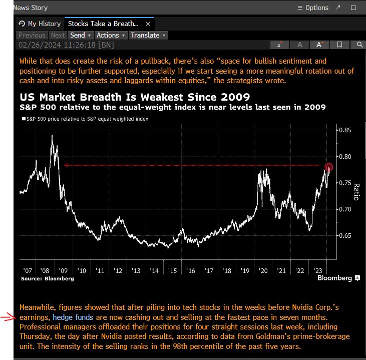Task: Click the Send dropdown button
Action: point(80,35)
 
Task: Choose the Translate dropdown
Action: point(148,35)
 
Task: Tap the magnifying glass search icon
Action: point(359,45)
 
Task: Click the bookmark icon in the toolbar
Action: point(339,45)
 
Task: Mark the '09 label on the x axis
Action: point(64,270)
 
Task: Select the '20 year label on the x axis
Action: point(263,270)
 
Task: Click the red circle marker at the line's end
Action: point(328,167)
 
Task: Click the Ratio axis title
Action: point(356,191)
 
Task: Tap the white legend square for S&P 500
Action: point(23,119)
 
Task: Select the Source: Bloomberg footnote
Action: point(47,278)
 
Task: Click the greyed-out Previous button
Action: point(32,35)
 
